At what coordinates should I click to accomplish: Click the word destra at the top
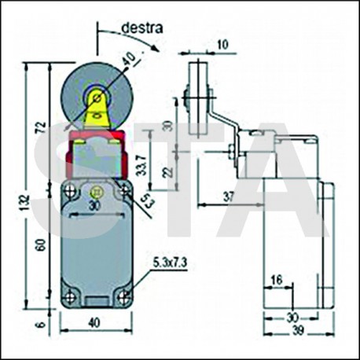tap(142, 27)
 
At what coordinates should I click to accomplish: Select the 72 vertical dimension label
tap(40, 127)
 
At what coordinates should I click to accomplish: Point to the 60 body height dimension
tap(40, 246)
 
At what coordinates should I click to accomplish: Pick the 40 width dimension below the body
tap(94, 324)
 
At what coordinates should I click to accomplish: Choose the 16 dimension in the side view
tap(276, 279)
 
